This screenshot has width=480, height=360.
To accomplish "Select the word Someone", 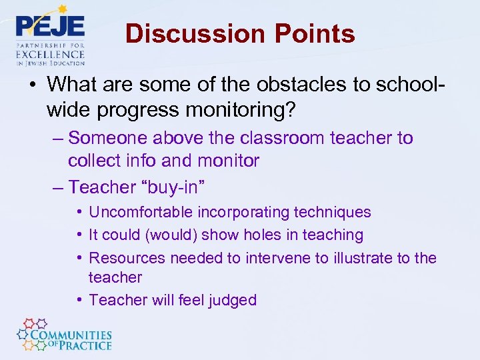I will (x=109, y=138).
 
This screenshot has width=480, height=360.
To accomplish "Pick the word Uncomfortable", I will (x=139, y=212).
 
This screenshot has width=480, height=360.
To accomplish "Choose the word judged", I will (x=232, y=300).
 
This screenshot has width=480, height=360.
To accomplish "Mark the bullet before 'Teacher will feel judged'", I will (x=79, y=300).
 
